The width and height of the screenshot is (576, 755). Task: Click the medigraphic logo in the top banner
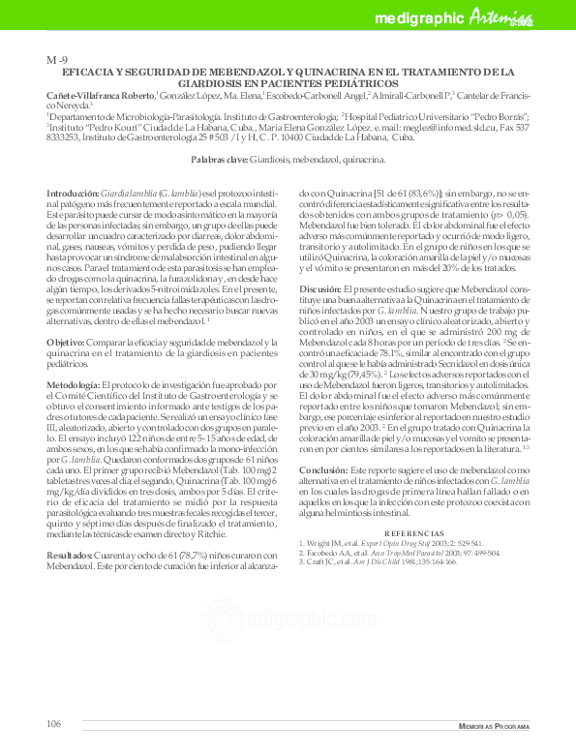419,17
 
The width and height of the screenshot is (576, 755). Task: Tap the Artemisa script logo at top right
504,16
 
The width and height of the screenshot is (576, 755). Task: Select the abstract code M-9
57,61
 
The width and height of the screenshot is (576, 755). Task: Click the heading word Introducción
74,194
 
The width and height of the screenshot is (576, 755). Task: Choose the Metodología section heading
76,384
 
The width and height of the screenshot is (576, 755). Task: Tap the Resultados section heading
73,555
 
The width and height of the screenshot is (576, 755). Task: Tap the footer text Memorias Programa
493,726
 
